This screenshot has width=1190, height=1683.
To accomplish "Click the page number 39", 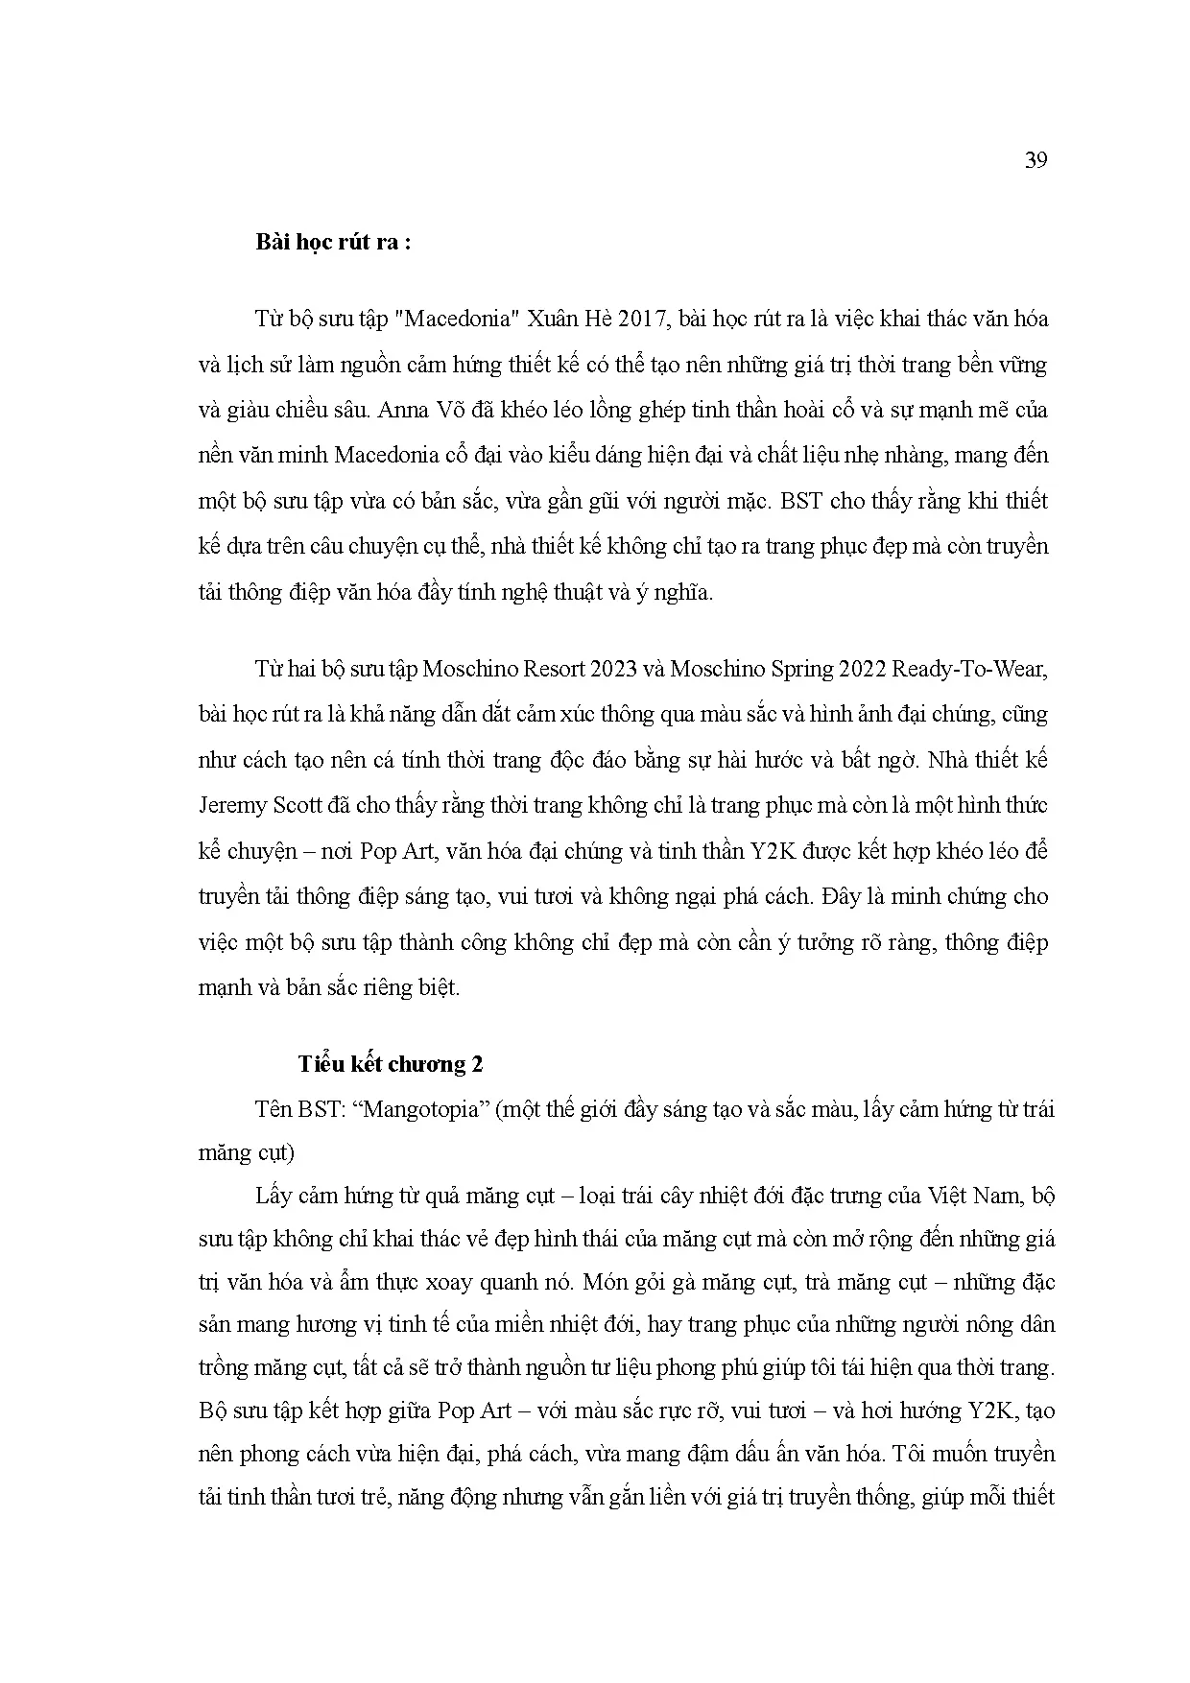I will [x=1035, y=160].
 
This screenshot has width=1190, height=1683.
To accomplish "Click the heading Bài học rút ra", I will [x=333, y=242].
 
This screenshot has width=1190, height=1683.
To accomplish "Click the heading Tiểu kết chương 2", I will [x=390, y=1064].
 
